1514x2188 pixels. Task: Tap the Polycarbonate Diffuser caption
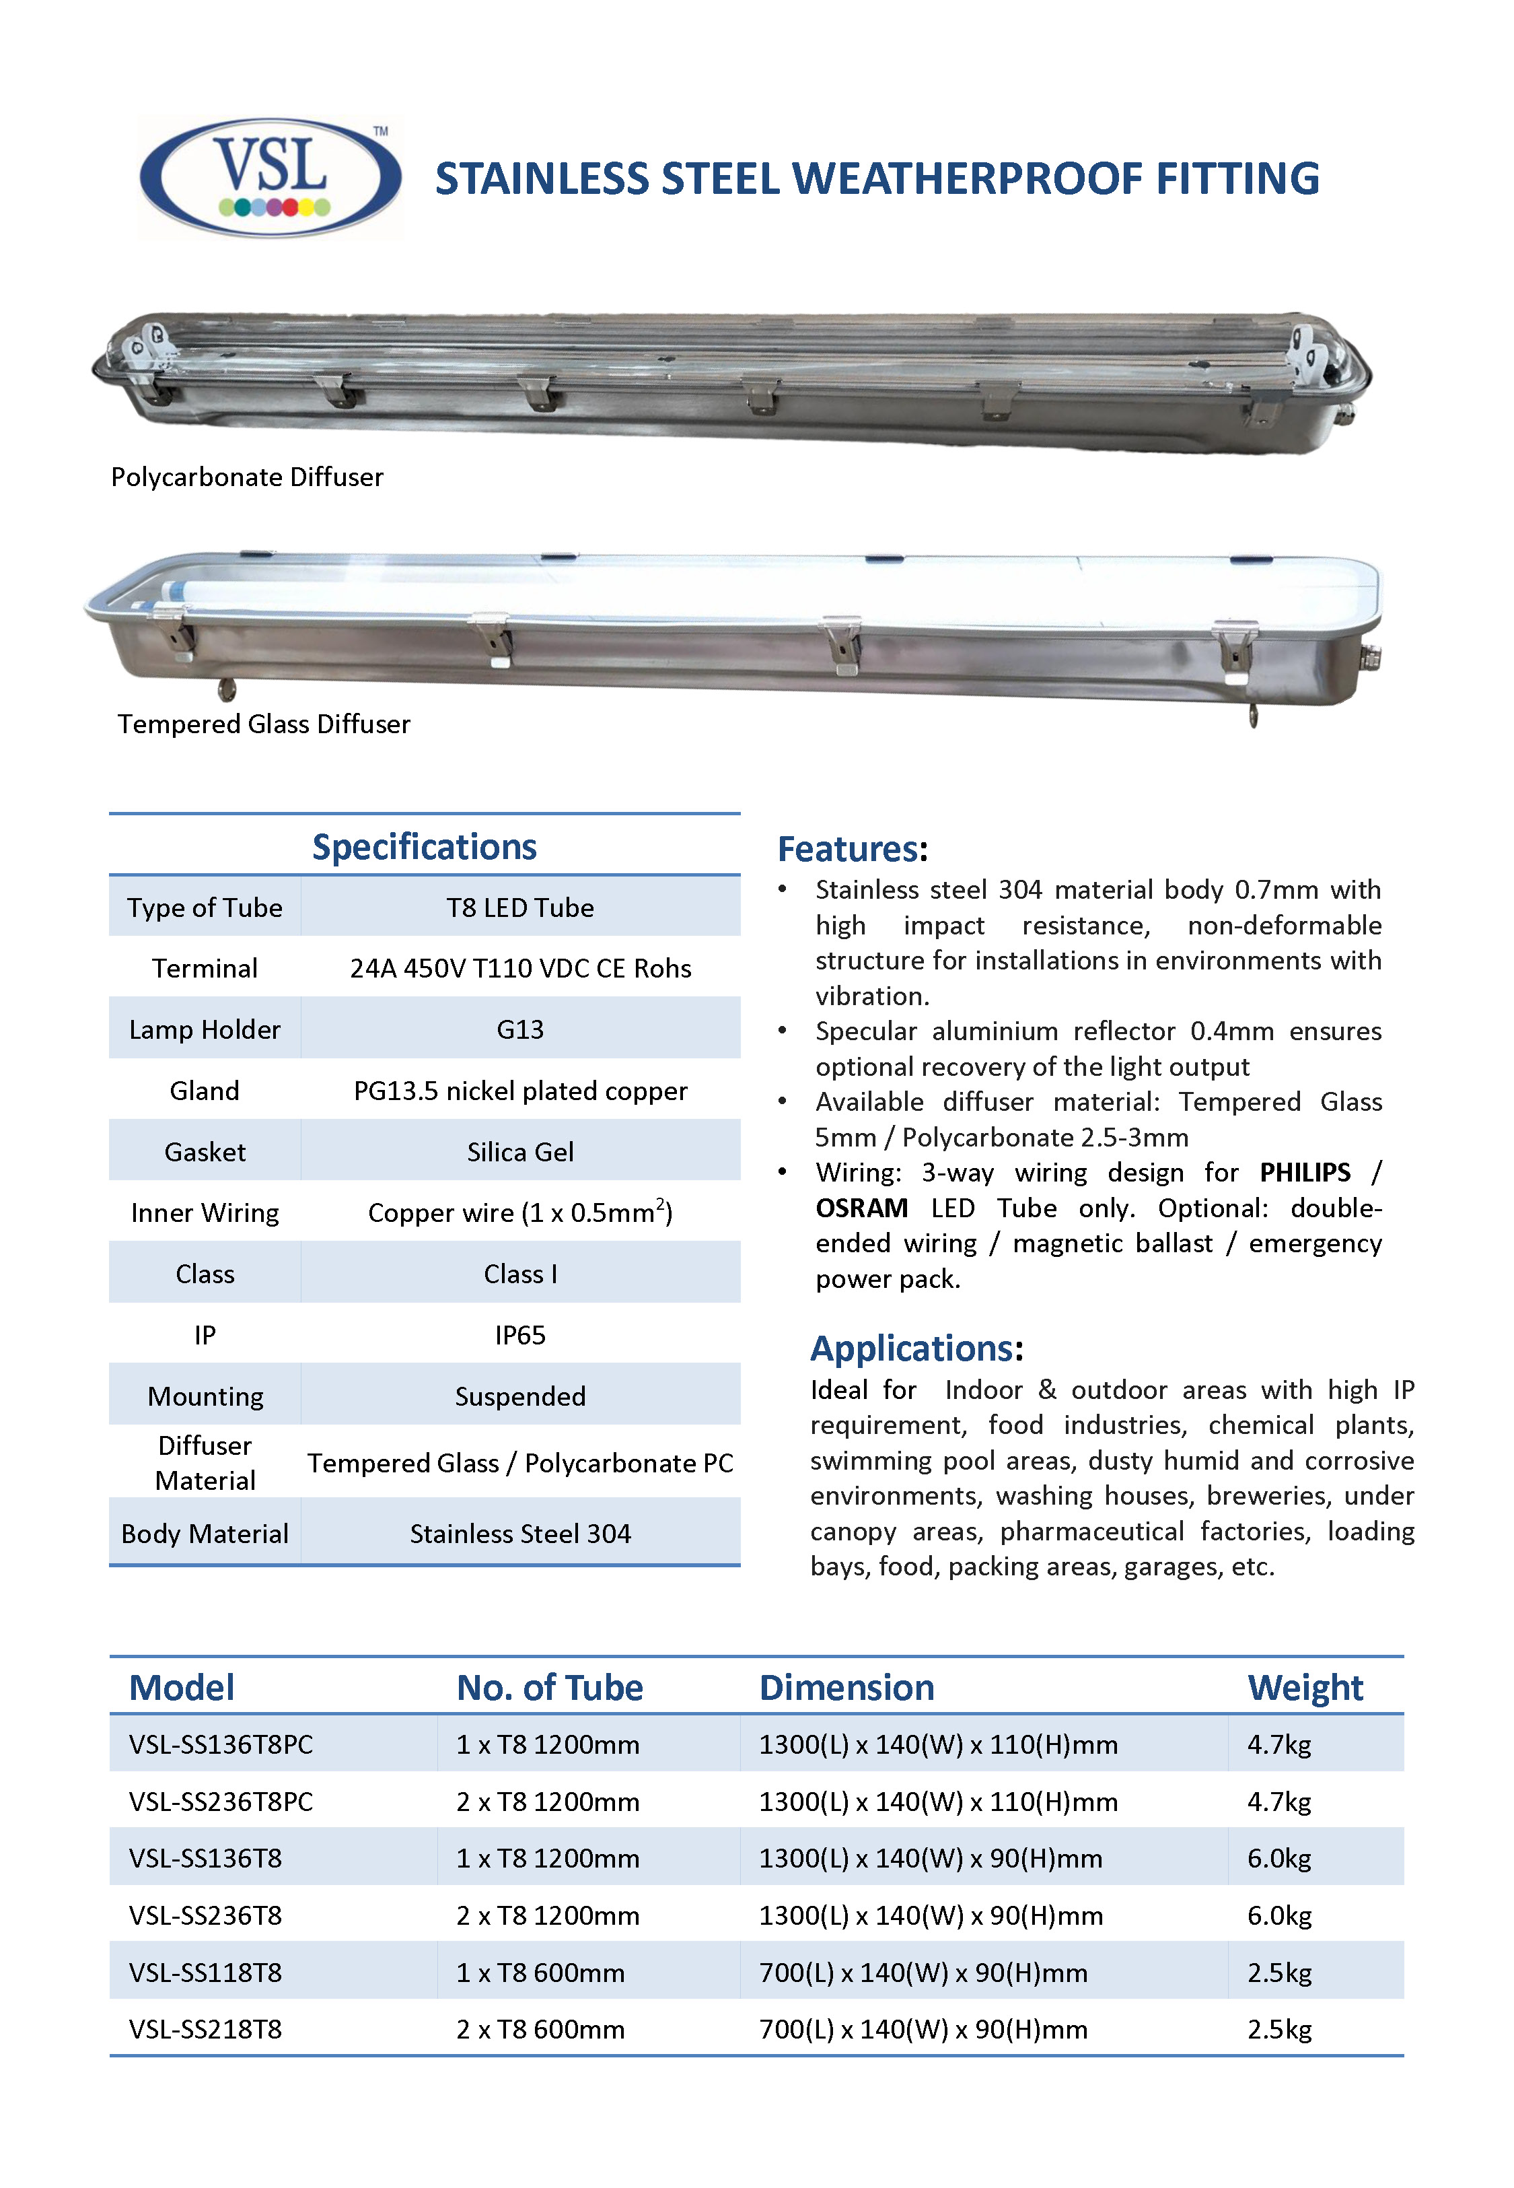247,477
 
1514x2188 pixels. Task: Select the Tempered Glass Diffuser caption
264,724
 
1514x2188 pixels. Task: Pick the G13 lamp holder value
520,1029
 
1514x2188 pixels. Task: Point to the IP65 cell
520,1335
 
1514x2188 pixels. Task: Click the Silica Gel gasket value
520,1152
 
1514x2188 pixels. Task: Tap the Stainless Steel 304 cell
520,1534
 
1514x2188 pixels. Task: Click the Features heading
848,849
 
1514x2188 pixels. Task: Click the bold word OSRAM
861,1208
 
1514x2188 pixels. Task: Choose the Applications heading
912,1348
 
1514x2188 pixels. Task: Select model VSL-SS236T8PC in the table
221,1801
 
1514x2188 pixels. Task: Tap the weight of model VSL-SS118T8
1278,1973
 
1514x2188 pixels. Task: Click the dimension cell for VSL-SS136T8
930,1858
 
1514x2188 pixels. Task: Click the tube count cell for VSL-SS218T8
540,2030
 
